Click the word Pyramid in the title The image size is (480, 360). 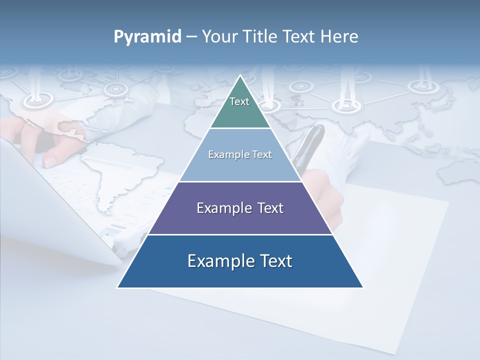pos(147,37)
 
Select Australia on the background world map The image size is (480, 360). pos(457,172)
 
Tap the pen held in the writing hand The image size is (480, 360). pos(310,145)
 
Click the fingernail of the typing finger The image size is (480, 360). pos(50,161)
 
